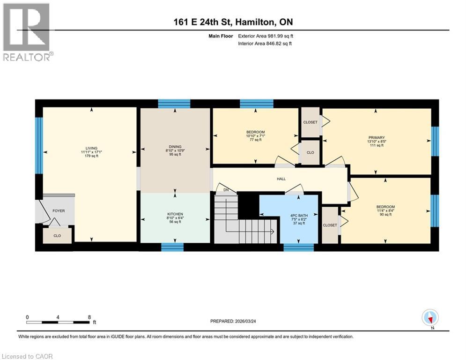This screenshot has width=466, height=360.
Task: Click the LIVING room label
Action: click(x=91, y=148)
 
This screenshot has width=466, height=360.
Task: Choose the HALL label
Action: click(x=281, y=179)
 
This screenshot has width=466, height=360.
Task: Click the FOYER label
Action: click(x=59, y=211)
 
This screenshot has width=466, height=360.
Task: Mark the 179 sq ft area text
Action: click(x=91, y=156)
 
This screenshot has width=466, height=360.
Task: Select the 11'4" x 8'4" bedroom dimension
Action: click(x=385, y=211)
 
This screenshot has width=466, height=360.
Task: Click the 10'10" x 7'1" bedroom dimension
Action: click(x=256, y=136)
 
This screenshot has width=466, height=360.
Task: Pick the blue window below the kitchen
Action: click(x=172, y=247)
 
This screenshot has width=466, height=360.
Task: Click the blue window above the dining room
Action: click(x=174, y=104)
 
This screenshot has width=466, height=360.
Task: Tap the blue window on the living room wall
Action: click(x=39, y=145)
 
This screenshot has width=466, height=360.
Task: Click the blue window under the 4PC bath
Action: click(x=298, y=247)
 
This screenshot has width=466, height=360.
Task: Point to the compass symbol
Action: click(x=429, y=317)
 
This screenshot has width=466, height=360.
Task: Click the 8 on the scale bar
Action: click(x=89, y=317)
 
